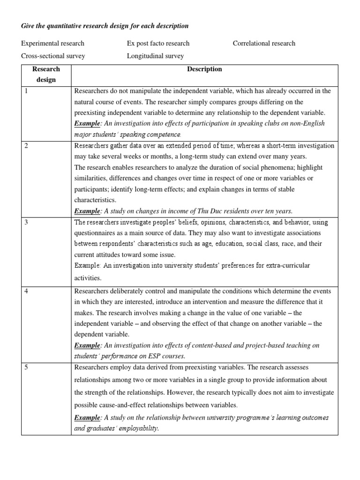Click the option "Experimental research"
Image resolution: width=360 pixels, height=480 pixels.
click(52, 44)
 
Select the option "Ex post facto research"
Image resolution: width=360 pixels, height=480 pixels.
click(158, 44)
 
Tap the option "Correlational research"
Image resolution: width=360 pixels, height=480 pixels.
click(264, 44)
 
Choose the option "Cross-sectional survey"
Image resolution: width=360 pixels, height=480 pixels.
click(53, 56)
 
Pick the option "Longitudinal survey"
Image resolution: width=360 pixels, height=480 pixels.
click(155, 56)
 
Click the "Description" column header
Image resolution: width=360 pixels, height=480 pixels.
click(204, 69)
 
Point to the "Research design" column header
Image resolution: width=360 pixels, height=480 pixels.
click(46, 75)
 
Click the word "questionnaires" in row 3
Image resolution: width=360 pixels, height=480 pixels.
click(96, 233)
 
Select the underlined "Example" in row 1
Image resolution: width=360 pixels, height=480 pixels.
click(88, 123)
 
